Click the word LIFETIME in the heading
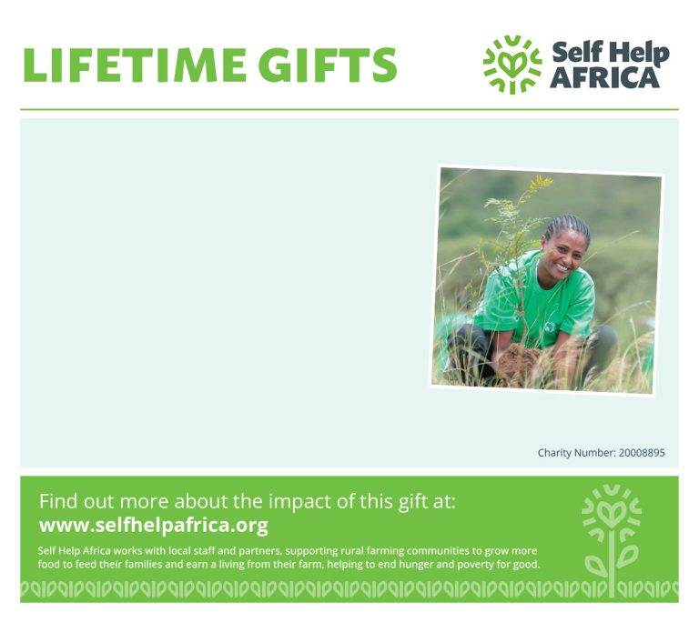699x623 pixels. pos(135,65)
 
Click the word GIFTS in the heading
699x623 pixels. pos(328,65)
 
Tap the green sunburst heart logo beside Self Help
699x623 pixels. pos(512,65)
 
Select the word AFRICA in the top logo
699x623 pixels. pos(605,78)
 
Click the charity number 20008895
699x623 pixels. pos(642,453)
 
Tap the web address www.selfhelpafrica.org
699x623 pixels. pos(153,526)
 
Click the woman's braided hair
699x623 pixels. pos(568,226)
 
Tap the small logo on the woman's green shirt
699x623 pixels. pos(550,327)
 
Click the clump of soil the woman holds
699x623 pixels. pos(518,359)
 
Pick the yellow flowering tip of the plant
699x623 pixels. pos(541,182)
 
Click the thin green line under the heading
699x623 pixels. pos(349,109)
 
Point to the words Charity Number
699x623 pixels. pos(577,453)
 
